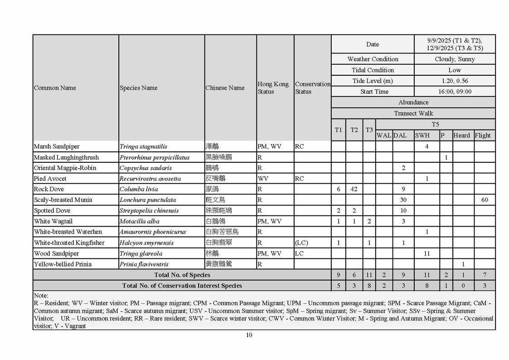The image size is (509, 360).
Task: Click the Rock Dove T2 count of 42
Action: (354, 189)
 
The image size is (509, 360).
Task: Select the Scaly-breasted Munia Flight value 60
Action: (485, 200)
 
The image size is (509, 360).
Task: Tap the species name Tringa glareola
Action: (141, 253)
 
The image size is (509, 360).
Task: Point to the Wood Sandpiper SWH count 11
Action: (427, 253)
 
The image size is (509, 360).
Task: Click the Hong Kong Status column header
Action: (273, 88)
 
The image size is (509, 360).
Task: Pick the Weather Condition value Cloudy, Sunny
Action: (455, 59)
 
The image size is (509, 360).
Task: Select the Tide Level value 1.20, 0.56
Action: (455, 81)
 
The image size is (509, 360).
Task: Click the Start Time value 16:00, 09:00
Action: (455, 92)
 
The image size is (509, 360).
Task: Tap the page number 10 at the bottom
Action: (249, 335)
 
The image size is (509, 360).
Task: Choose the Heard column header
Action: (461, 135)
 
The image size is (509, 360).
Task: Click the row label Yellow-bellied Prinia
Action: (63, 264)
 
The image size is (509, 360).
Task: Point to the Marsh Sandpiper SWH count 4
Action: (427, 146)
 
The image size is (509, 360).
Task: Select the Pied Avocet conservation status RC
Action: (299, 179)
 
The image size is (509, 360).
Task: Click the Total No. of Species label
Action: (182, 275)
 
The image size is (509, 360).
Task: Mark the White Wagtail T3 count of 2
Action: (369, 221)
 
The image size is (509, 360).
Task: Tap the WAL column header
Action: (383, 135)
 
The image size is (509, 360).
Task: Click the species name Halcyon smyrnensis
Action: (146, 243)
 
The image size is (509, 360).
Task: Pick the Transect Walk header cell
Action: (413, 113)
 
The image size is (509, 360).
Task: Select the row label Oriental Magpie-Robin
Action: (65, 168)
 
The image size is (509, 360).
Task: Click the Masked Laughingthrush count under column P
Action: (446, 157)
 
